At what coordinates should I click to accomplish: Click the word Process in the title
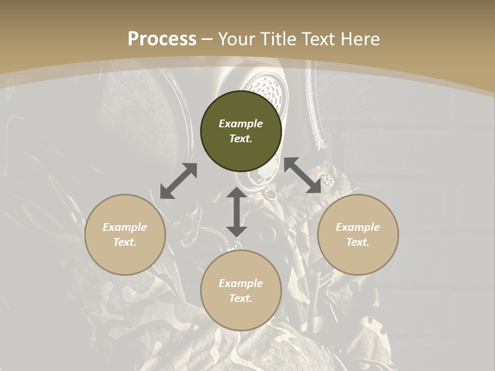(x=162, y=39)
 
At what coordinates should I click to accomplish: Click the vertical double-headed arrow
(x=237, y=212)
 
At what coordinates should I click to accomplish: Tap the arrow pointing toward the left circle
(x=178, y=181)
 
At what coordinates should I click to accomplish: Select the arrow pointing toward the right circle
(x=303, y=175)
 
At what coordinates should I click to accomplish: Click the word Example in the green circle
(x=241, y=124)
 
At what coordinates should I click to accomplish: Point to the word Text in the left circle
(x=125, y=242)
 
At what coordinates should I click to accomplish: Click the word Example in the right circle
(x=358, y=227)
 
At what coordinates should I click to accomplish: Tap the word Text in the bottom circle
(x=241, y=298)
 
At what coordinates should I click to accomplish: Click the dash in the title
(x=207, y=40)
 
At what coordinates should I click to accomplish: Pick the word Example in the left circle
(x=125, y=227)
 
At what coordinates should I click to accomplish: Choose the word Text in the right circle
(x=358, y=242)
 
